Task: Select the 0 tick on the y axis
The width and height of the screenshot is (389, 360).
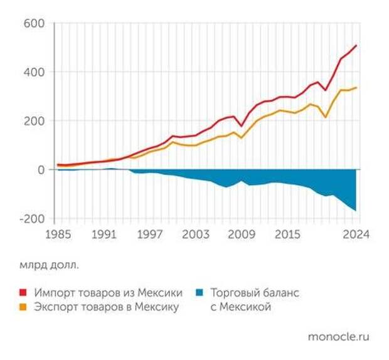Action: [41, 170]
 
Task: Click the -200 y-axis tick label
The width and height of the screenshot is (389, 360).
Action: [32, 219]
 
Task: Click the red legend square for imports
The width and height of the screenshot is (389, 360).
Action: [24, 293]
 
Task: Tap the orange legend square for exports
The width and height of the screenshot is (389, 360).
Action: [24, 307]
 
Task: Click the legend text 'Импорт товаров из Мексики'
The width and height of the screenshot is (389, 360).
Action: [109, 293]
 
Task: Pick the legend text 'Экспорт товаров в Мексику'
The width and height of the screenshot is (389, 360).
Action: [107, 307]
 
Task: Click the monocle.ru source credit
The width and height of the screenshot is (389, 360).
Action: [338, 337]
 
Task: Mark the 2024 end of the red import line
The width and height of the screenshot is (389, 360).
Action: [356, 45]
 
